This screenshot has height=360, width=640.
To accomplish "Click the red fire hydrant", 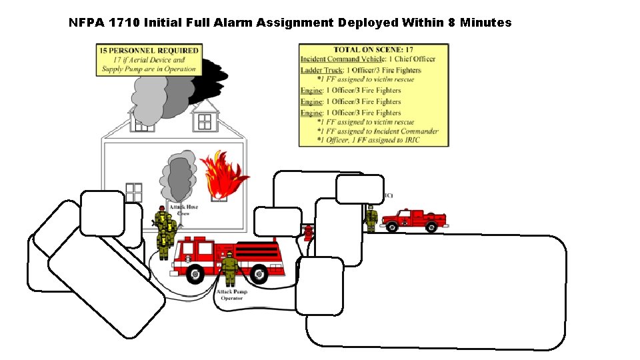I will point(308,231).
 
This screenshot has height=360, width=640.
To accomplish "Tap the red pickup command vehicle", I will point(413,219).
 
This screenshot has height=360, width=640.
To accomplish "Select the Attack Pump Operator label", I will point(231,295).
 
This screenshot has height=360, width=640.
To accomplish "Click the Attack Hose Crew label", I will point(183,210).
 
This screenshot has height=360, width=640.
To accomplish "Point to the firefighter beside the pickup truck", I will point(371,218).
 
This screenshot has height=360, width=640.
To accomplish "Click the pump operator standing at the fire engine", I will point(229,269).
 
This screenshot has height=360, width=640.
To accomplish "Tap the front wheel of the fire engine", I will point(195,273).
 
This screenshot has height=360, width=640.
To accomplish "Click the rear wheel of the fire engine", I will point(259,273).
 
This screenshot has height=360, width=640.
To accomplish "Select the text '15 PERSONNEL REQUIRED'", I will point(149,51).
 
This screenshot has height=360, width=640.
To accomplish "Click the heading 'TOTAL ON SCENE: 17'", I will point(374,50).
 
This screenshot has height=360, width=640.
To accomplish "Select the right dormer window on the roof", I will point(205,122).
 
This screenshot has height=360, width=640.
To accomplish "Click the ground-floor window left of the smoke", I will point(134,192).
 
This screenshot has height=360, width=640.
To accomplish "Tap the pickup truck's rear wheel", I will point(431,227).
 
